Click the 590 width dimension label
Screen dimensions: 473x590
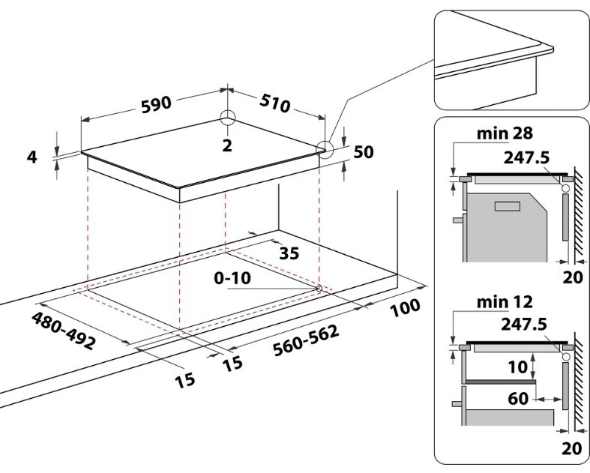(157, 105)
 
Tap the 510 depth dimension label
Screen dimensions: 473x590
(275, 104)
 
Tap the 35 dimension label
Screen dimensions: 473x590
(289, 253)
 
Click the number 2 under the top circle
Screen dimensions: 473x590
(227, 145)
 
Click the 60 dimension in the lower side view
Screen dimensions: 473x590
(518, 399)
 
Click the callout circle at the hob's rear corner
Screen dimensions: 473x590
(227, 118)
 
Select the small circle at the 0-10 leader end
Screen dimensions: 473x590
(319, 288)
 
